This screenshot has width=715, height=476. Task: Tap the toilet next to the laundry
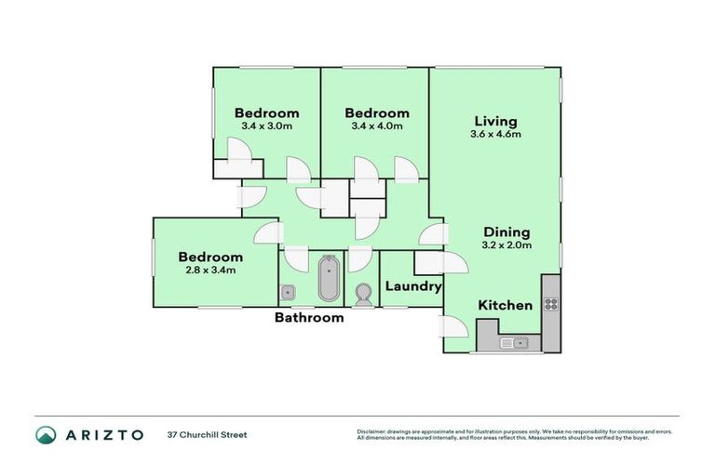(x=362, y=295)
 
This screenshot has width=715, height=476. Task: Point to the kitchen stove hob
(x=550, y=303)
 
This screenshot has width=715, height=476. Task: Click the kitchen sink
(x=513, y=343)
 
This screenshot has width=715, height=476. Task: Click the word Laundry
(x=412, y=286)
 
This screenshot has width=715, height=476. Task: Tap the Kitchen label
(x=506, y=305)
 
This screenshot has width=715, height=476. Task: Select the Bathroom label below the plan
(x=308, y=317)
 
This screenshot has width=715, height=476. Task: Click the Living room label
(x=495, y=121)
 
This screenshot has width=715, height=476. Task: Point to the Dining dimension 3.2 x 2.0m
(x=506, y=245)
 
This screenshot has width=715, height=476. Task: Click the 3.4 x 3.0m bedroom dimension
(x=267, y=126)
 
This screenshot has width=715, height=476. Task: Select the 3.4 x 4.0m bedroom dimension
(x=375, y=126)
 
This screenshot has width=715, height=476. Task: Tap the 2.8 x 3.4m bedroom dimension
(x=210, y=271)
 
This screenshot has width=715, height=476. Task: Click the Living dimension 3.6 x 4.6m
(x=495, y=134)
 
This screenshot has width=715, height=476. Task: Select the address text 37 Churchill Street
(x=208, y=435)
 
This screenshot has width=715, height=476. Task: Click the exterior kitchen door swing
(x=452, y=327)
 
